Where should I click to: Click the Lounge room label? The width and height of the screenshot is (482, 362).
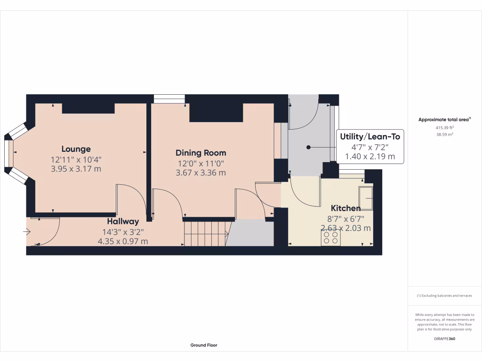point(76,149)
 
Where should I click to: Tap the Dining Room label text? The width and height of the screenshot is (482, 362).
point(201,153)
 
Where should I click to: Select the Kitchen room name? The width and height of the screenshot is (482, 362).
point(345,208)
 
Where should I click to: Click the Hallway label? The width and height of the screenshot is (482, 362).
point(123,221)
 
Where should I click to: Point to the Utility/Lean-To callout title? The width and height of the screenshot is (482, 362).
point(370,137)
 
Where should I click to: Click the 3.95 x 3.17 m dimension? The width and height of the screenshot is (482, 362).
point(76,169)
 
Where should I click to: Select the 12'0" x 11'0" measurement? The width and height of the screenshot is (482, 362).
point(201,164)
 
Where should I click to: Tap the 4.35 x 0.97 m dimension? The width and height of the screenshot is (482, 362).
point(123,241)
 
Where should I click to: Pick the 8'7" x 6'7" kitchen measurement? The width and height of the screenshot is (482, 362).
point(345,219)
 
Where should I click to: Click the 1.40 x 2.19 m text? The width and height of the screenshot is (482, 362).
point(370,156)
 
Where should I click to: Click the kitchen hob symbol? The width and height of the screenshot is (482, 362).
point(331,239)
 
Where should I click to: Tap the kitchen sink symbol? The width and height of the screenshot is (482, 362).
point(365,197)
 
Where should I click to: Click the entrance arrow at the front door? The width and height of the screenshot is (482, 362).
point(27,232)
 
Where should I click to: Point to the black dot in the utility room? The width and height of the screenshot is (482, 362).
point(309,147)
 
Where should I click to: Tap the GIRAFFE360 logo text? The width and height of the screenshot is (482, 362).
point(444,338)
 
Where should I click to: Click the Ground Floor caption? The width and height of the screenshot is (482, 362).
point(204,345)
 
